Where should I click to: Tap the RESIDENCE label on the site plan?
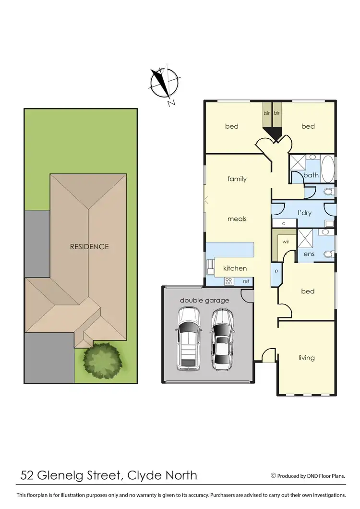coord(89,246)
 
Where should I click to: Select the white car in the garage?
coord(189,339)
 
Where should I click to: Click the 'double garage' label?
coord(204,300)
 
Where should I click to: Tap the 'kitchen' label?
coord(234,268)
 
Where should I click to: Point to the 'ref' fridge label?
coord(246,281)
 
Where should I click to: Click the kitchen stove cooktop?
coord(229,281)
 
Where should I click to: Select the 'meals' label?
coord(237,218)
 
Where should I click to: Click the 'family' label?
coord(237,179)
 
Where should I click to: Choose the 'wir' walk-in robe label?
coord(286,242)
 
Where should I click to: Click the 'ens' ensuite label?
coord(309,254)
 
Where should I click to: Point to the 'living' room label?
coord(306,357)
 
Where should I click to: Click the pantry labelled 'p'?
coord(276,271)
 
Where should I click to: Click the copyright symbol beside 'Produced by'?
coord(273,476)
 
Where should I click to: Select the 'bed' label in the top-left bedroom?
coord(232,126)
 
